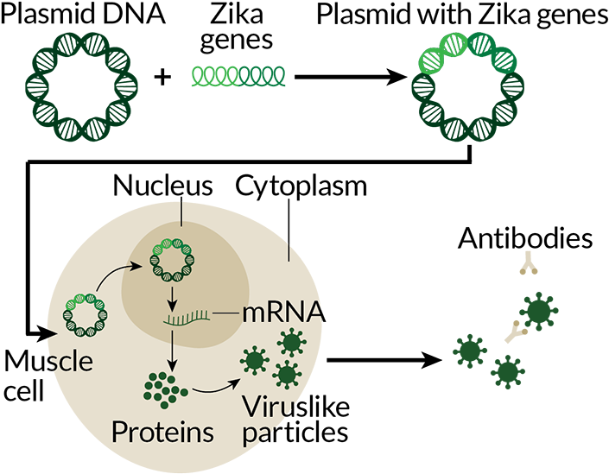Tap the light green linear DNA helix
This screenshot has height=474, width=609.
pos(238,78)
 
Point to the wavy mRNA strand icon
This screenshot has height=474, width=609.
pos(187,319)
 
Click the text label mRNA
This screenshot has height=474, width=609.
pos(282,313)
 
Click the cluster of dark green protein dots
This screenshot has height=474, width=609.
pos(164,389)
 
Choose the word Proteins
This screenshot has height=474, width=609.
pos(162,432)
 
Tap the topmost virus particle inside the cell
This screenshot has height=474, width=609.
pos(292,343)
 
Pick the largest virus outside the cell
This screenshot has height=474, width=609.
pos(539,312)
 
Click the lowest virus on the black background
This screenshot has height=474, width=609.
pos(507,371)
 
